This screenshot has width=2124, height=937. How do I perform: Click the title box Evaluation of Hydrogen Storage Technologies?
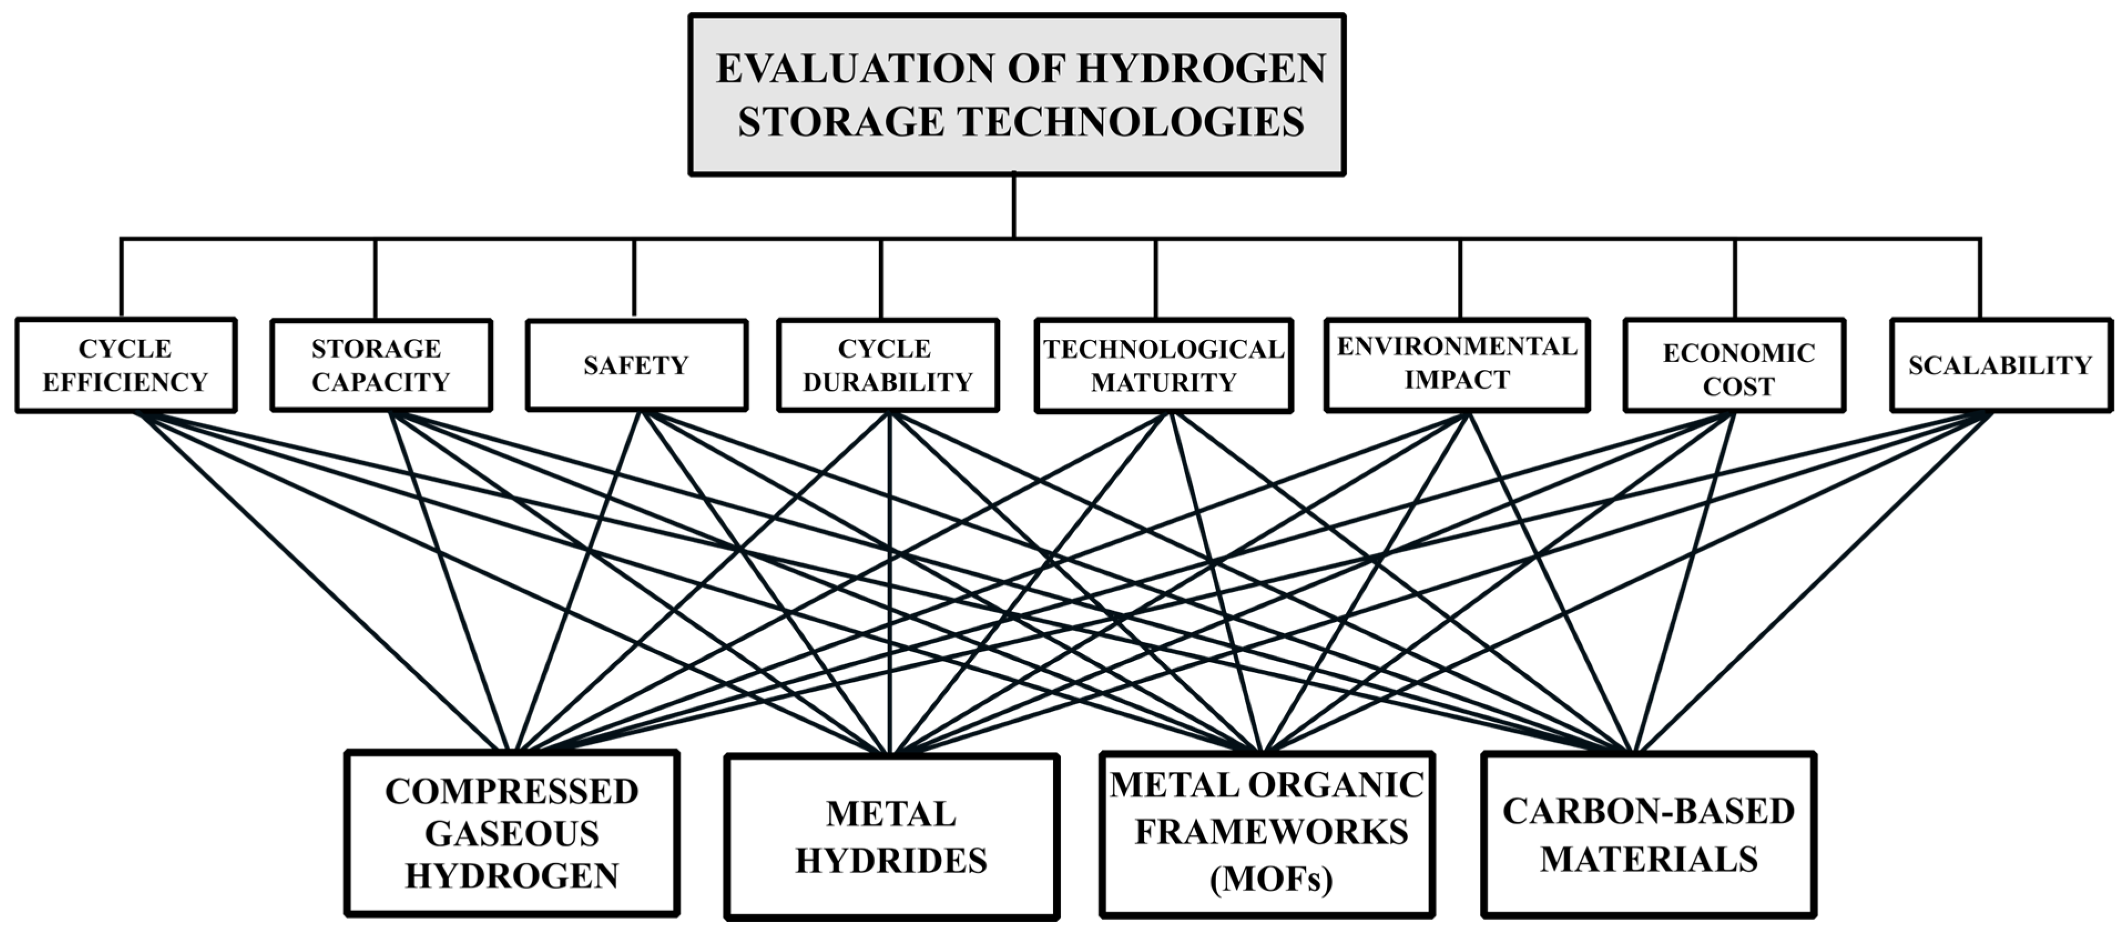[1017, 94]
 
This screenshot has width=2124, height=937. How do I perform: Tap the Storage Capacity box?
[381, 365]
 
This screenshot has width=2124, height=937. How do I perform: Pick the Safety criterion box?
[636, 365]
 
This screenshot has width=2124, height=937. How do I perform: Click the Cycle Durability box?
[888, 365]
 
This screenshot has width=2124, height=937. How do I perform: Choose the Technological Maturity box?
[1163, 365]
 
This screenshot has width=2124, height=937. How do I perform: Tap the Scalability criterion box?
[2001, 365]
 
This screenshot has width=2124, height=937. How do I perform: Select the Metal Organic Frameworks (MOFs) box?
[1267, 833]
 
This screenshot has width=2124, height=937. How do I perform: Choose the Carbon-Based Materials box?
[1649, 834]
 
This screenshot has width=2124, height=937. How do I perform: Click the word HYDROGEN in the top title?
[1201, 68]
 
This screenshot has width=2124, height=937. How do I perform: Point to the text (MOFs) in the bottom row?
[1270, 879]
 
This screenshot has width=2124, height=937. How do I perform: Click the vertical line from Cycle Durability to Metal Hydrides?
[890, 577]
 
